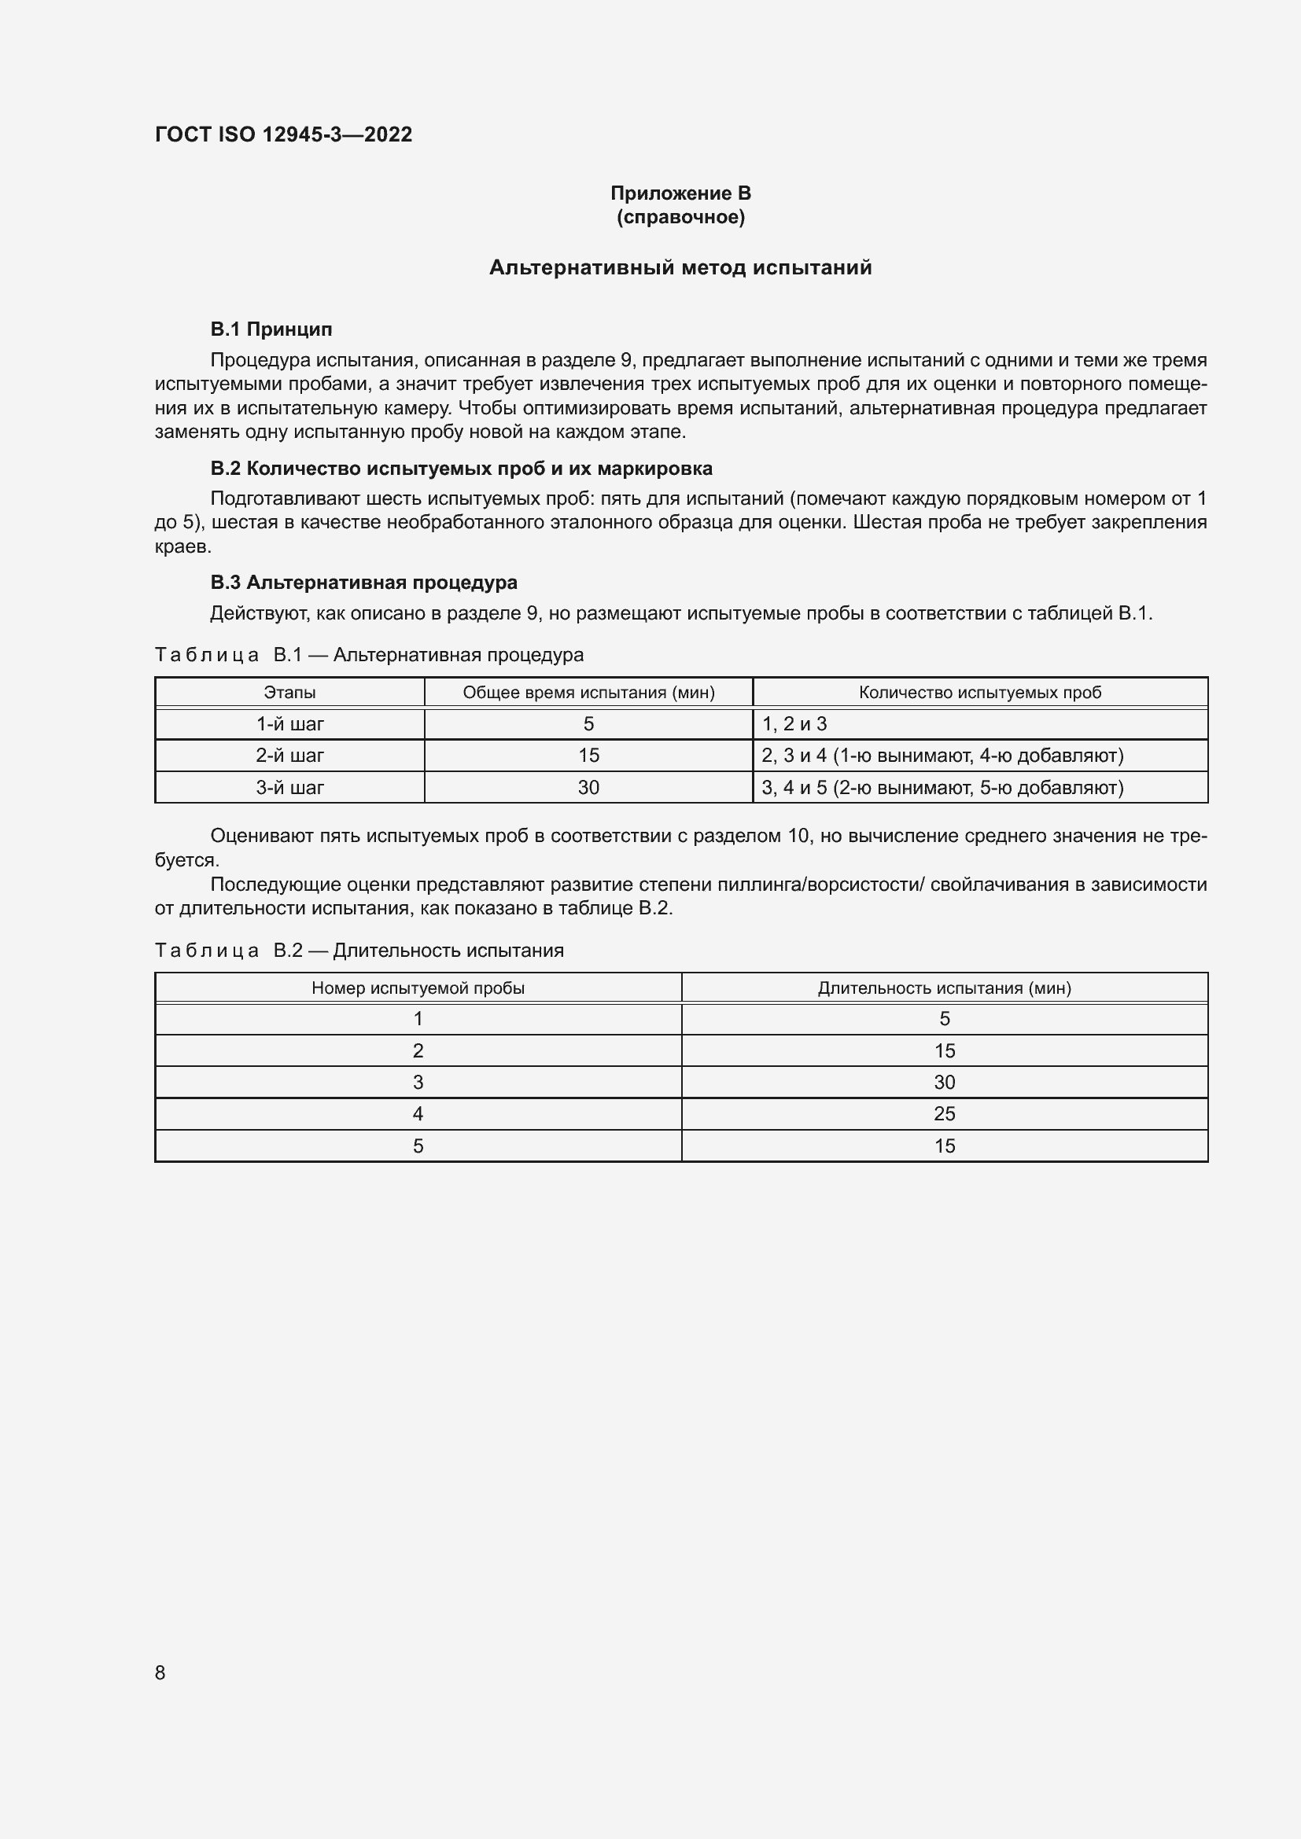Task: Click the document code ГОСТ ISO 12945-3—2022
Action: pyautogui.click(x=284, y=134)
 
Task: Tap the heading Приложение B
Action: pyautogui.click(x=680, y=193)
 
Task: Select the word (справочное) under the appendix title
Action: pyautogui.click(x=680, y=217)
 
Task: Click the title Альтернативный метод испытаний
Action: pyautogui.click(x=680, y=267)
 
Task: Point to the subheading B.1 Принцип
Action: pyautogui.click(x=271, y=329)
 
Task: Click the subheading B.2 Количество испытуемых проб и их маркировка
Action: pyautogui.click(x=461, y=469)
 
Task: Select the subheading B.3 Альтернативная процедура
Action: pyautogui.click(x=363, y=583)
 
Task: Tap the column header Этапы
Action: pyautogui.click(x=289, y=692)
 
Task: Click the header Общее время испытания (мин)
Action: pyautogui.click(x=588, y=692)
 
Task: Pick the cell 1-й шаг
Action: pyautogui.click(x=289, y=724)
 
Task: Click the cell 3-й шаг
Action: pyautogui.click(x=289, y=787)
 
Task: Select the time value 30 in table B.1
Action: pyautogui.click(x=588, y=787)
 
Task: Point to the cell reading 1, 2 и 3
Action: pyautogui.click(x=794, y=724)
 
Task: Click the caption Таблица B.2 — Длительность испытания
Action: pyautogui.click(x=359, y=951)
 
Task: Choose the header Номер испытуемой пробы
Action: pyautogui.click(x=418, y=988)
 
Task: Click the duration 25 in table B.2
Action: pyautogui.click(x=944, y=1113)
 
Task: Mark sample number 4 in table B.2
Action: pyautogui.click(x=418, y=1113)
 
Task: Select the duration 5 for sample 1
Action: pyautogui.click(x=944, y=1019)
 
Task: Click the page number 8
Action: pyautogui.click(x=160, y=1672)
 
